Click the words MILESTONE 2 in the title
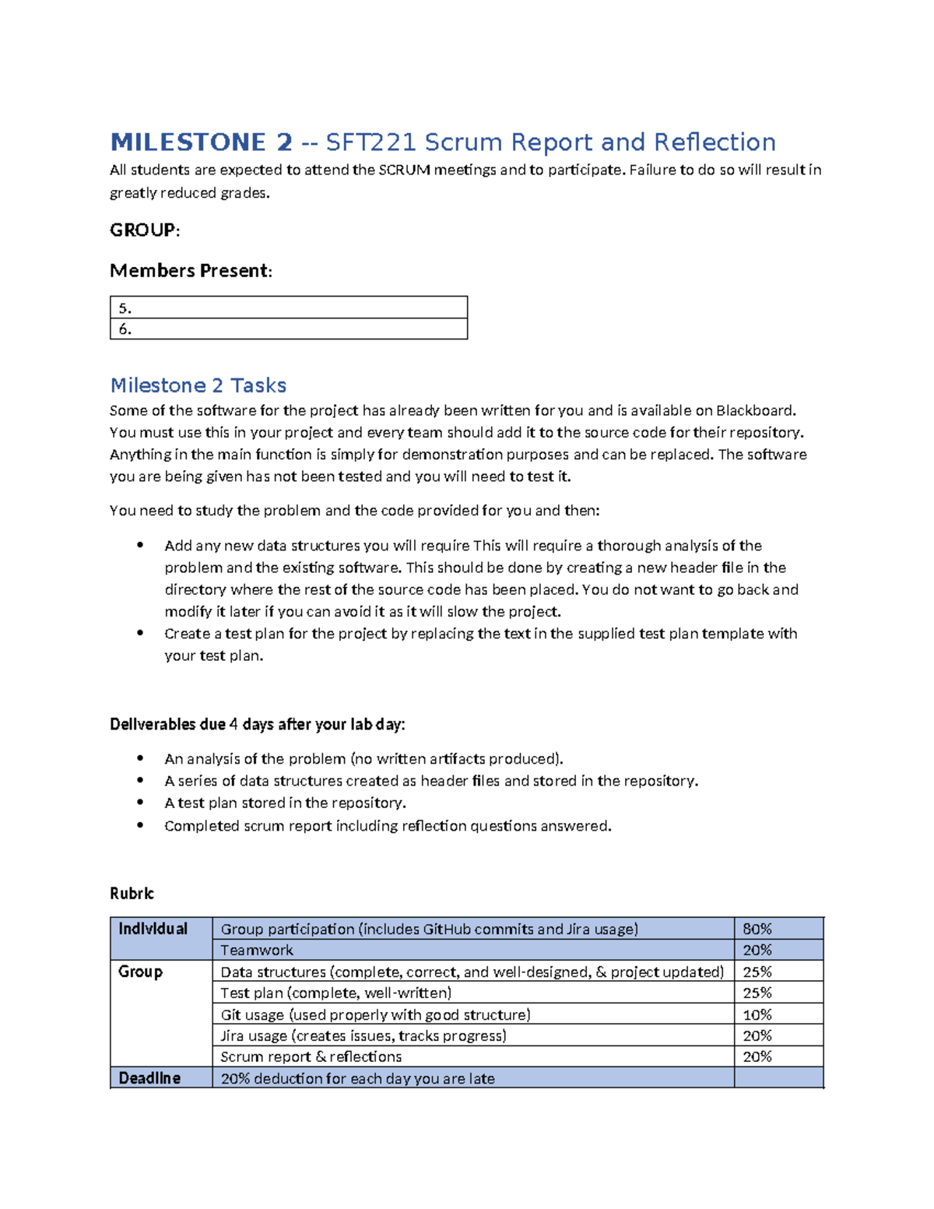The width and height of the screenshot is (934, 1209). pos(201,142)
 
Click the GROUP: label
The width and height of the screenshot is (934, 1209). pos(145,230)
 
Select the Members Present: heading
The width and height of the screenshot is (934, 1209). pos(191,271)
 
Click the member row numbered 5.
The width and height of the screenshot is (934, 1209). pos(288,308)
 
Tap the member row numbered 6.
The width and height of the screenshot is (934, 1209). pos(288,329)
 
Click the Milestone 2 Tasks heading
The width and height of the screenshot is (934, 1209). pos(198,385)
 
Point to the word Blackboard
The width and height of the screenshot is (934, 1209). pos(755,410)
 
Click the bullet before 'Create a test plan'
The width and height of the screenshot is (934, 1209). pos(140,633)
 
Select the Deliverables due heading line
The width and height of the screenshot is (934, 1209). pos(257,725)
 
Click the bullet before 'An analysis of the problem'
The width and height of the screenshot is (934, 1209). pos(140,758)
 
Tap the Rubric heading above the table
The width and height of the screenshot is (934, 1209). pos(132,894)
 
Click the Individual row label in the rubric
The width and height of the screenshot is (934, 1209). pos(153,929)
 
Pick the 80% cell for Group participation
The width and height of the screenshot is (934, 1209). pos(757,929)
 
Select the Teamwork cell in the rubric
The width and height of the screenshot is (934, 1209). pos(257,951)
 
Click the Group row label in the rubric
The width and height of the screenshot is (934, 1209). pos(141,972)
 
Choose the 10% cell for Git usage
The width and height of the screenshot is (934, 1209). pos(757,1014)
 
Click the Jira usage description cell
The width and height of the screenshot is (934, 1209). pos(363,1035)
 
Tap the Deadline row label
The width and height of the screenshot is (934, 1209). pos(149,1078)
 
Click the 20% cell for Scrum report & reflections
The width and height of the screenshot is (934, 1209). pos(757,1056)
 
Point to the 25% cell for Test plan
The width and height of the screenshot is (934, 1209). pos(757,993)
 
